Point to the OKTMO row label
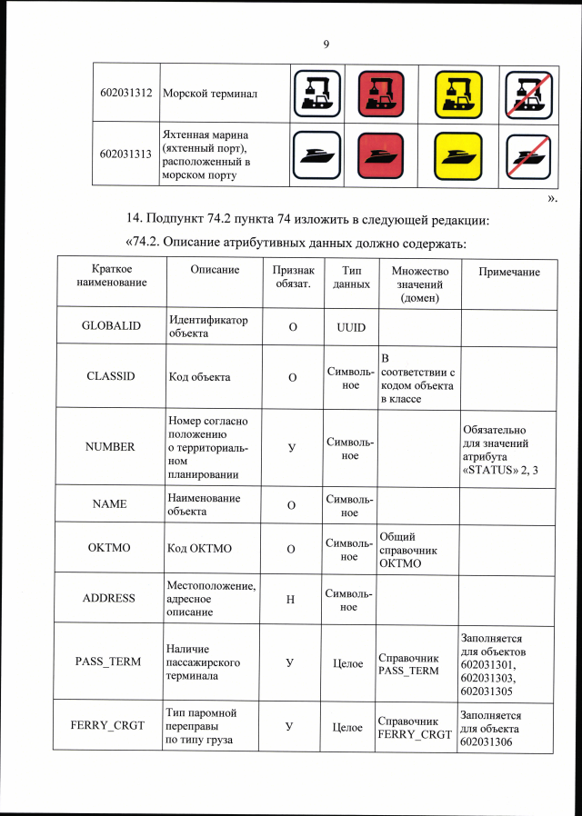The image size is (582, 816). [111, 548]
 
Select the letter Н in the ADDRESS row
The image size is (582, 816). [290, 599]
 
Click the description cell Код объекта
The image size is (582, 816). [199, 376]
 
